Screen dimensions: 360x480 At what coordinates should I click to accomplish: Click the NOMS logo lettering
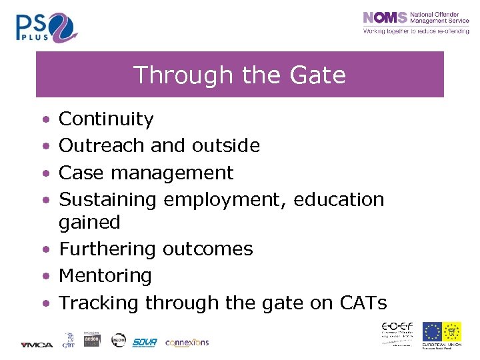click(383, 19)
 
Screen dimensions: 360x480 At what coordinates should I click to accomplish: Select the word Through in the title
click(176, 75)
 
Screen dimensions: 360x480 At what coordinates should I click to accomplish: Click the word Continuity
click(106, 119)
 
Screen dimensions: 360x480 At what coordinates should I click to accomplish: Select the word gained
click(89, 222)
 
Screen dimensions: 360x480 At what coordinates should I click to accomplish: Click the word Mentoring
click(105, 275)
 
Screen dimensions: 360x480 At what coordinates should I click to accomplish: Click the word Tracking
click(99, 303)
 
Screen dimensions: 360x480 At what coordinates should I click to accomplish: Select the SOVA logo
click(144, 342)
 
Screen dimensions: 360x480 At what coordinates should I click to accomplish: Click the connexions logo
click(187, 342)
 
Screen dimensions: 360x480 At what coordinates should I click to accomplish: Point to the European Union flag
click(432, 331)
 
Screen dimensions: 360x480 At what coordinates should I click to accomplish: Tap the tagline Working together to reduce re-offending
click(415, 31)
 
